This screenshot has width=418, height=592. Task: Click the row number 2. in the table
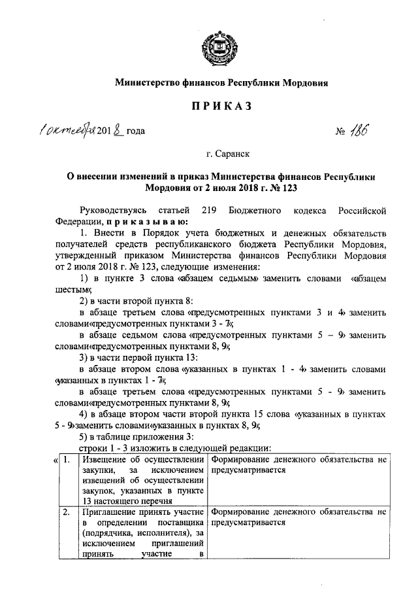tap(67, 512)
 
